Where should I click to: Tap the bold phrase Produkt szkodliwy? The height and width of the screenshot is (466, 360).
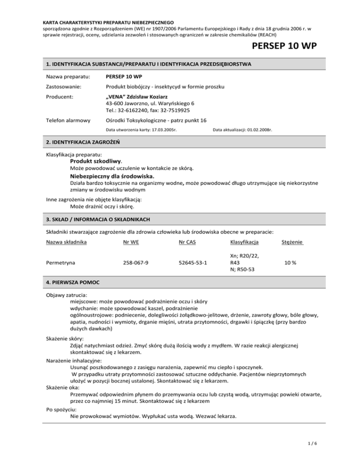point(93,161)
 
